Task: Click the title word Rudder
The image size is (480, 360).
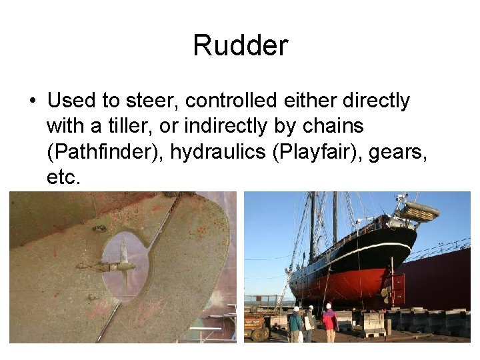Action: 240,45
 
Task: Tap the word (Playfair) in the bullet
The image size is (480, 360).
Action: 311,153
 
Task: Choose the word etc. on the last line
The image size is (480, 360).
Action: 64,178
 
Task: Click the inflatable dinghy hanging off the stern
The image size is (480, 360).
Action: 417,211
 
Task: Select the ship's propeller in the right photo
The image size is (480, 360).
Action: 385,292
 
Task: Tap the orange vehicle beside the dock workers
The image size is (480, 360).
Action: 255,326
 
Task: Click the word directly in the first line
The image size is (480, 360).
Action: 377,101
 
